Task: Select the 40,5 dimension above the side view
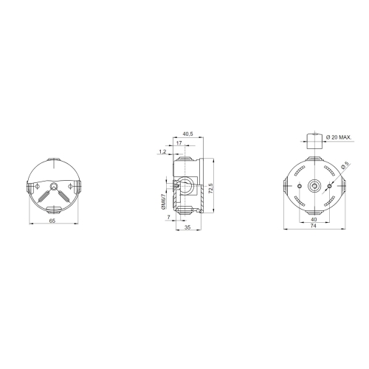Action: click(x=187, y=134)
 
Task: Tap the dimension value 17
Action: click(x=180, y=143)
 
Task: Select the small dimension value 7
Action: click(x=168, y=218)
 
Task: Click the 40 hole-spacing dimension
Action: click(x=314, y=220)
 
